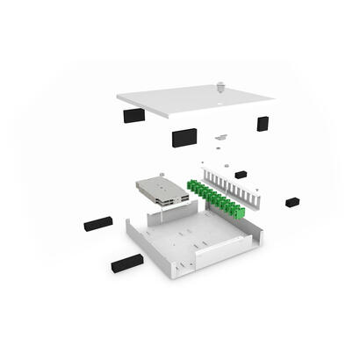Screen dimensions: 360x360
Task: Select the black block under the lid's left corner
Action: coord(134,116)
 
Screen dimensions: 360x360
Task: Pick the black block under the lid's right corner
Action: coord(263,124)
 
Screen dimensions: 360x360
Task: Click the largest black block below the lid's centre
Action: coord(184,137)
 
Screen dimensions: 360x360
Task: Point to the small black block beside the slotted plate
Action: coord(241,175)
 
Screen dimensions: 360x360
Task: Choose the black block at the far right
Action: coord(292,202)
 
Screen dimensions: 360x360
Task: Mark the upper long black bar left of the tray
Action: coord(98,224)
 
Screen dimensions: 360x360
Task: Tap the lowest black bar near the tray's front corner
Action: coord(126,263)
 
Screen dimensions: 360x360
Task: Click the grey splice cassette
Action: coord(162,191)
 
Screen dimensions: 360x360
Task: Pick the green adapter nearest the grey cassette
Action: coord(191,185)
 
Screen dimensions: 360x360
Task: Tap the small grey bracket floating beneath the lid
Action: coord(220,137)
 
